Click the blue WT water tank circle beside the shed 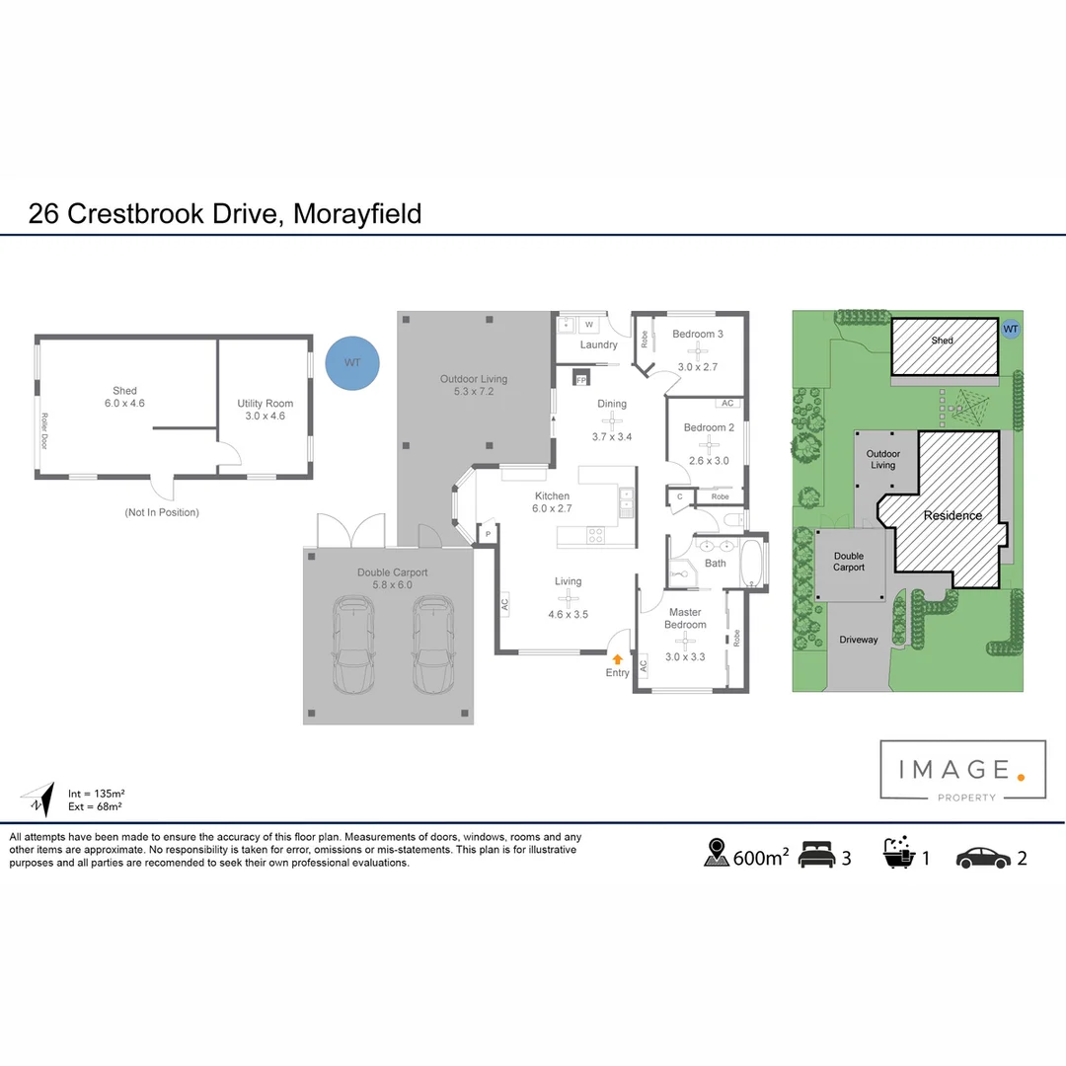pyautogui.click(x=352, y=362)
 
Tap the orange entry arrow pyautogui.click(x=618, y=658)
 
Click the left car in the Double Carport pyautogui.click(x=353, y=644)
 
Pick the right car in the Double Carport pyautogui.click(x=430, y=644)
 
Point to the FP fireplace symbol pyautogui.click(x=580, y=379)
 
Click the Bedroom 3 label pyautogui.click(x=698, y=334)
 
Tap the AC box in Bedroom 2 pyautogui.click(x=727, y=404)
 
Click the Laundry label pyautogui.click(x=599, y=344)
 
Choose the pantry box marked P pyautogui.click(x=487, y=534)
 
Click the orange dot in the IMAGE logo pyautogui.click(x=1021, y=778)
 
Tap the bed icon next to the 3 pyautogui.click(x=817, y=855)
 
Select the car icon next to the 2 pyautogui.click(x=982, y=857)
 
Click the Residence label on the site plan pyautogui.click(x=952, y=515)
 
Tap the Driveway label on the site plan pyautogui.click(x=858, y=640)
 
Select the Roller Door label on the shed pyautogui.click(x=44, y=430)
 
